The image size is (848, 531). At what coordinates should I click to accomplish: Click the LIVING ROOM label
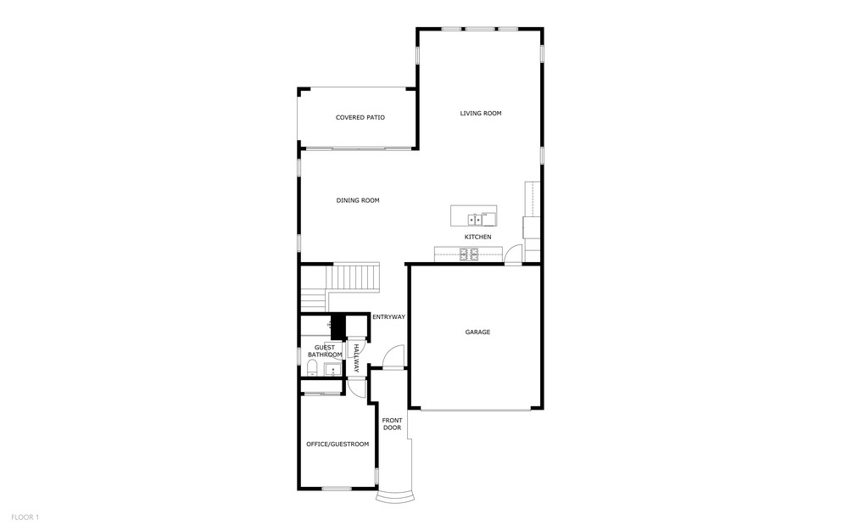480,114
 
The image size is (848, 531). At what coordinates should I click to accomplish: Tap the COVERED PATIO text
360,117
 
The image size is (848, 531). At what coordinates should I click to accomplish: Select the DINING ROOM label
358,201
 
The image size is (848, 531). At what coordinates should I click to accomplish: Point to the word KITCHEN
478,237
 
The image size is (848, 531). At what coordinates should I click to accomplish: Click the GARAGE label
477,332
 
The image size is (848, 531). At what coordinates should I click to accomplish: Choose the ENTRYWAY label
388,317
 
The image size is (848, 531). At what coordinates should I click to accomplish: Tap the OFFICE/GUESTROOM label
338,444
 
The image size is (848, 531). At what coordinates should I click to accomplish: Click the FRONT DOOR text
392,424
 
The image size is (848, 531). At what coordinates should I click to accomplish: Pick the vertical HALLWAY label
356,358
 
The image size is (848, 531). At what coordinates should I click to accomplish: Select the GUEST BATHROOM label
325,351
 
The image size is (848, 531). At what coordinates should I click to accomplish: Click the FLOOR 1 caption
25,517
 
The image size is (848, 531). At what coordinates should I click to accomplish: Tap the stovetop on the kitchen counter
469,254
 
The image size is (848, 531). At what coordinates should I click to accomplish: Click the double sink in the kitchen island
474,220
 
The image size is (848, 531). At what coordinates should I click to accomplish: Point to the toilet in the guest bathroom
312,369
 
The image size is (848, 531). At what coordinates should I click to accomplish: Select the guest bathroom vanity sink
333,369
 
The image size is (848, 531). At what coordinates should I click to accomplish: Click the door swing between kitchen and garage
514,254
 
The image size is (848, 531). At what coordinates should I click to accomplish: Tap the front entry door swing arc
393,355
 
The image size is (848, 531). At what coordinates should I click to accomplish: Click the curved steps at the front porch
396,497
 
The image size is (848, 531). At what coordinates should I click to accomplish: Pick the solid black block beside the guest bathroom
338,326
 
